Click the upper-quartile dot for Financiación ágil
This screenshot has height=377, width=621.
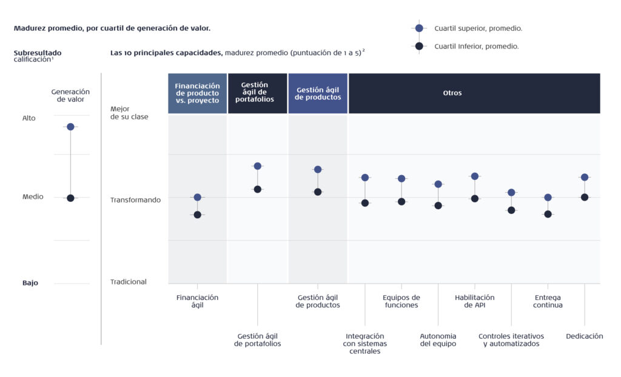[198, 197]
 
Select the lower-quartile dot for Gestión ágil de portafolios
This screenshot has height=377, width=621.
[257, 189]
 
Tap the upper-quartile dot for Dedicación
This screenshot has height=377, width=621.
[585, 177]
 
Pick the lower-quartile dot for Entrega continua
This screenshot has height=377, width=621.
[548, 214]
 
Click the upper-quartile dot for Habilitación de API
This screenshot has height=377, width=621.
[475, 176]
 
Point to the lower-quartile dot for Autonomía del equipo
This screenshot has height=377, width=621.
[438, 205]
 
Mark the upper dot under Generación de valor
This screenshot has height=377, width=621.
[70, 127]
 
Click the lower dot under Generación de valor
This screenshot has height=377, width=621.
[70, 198]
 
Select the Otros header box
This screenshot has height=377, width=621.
[474, 93]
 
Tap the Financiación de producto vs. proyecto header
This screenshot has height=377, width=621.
[198, 93]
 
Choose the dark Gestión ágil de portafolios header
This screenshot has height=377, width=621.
[257, 93]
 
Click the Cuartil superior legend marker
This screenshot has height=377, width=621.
[419, 28]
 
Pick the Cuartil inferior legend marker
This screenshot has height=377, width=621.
[419, 46]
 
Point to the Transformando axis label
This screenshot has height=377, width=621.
[135, 200]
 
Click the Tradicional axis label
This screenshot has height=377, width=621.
[129, 282]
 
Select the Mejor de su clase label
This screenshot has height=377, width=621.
[129, 113]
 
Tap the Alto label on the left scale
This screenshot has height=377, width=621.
[29, 118]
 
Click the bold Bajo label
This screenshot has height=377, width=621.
[30, 282]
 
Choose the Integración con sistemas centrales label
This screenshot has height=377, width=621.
[364, 344]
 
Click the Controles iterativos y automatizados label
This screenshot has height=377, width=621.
[511, 340]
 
